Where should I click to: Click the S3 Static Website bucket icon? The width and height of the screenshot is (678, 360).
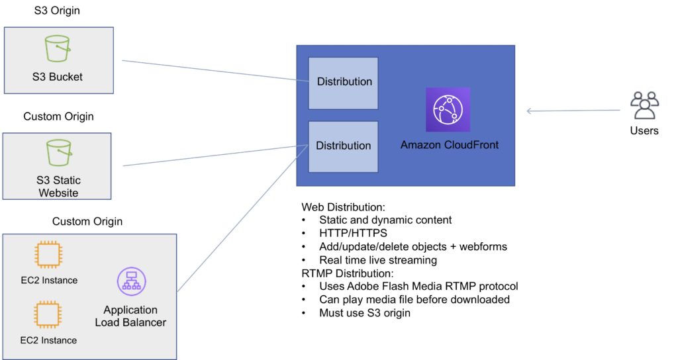click(58, 152)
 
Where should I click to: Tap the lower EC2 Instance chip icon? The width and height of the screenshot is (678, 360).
click(48, 315)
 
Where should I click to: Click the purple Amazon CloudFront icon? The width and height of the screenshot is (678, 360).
click(448, 109)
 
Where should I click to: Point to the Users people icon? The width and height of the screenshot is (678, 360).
click(644, 106)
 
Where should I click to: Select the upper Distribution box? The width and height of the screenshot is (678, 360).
click(344, 83)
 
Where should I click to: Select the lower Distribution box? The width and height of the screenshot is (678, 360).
click(344, 146)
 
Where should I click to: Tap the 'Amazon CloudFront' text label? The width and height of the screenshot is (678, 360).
click(449, 145)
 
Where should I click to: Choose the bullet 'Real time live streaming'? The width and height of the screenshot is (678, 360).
click(377, 260)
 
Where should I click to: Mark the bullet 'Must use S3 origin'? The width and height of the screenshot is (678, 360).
click(364, 313)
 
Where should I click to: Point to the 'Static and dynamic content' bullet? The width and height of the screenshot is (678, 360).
click(385, 220)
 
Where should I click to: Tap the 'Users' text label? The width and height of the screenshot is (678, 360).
click(644, 130)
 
